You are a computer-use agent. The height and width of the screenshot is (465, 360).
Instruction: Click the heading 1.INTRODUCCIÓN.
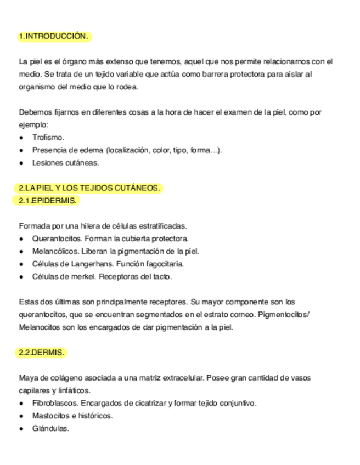(53, 37)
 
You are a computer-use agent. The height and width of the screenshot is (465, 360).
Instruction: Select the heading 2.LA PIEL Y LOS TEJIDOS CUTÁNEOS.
(89, 189)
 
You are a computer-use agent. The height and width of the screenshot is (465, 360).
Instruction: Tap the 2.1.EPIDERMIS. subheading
(47, 201)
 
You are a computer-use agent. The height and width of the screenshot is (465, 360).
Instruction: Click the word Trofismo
(48, 137)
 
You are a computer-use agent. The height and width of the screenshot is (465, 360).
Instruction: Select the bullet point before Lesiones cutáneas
(21, 163)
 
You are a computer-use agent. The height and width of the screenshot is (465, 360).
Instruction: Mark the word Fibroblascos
(54, 404)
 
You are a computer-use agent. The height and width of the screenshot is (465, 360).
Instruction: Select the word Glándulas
(50, 429)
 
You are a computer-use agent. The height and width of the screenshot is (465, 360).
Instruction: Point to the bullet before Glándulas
(21, 429)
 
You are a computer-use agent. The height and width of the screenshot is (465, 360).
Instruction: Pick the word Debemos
(34, 112)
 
